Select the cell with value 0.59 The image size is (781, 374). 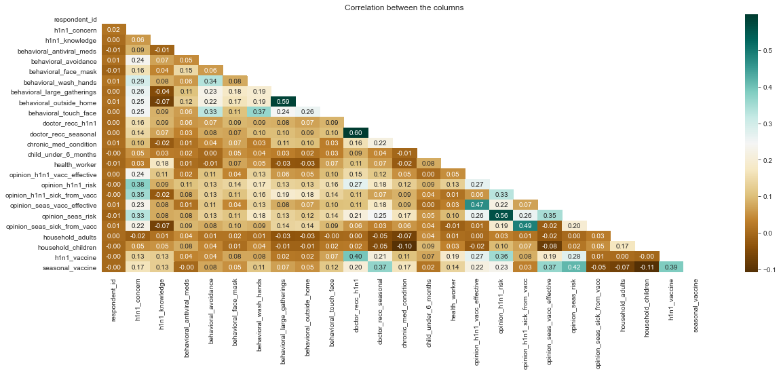283,100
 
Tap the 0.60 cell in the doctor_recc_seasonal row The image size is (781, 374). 356,132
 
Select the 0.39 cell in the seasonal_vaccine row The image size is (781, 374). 670,267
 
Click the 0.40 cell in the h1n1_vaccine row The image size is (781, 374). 356,257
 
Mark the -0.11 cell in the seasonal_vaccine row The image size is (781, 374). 646,267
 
